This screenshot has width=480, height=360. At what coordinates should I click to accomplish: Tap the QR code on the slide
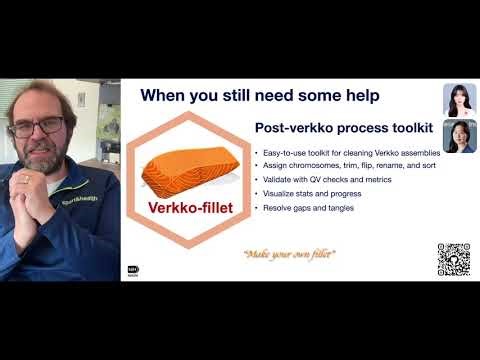(453, 259)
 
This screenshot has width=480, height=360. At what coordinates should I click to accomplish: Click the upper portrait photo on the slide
(459, 99)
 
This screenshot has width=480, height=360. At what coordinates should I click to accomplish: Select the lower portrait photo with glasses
(459, 136)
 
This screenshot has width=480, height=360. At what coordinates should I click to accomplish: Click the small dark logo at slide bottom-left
(132, 270)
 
